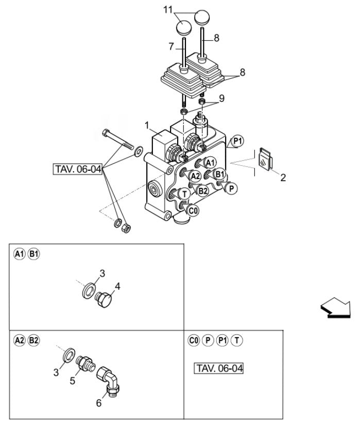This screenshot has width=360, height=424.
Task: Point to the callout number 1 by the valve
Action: [147, 126]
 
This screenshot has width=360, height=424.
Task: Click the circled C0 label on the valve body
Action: [193, 210]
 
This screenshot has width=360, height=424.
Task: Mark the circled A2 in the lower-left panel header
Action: [20, 340]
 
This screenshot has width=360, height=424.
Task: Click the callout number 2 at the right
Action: [283, 179]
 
